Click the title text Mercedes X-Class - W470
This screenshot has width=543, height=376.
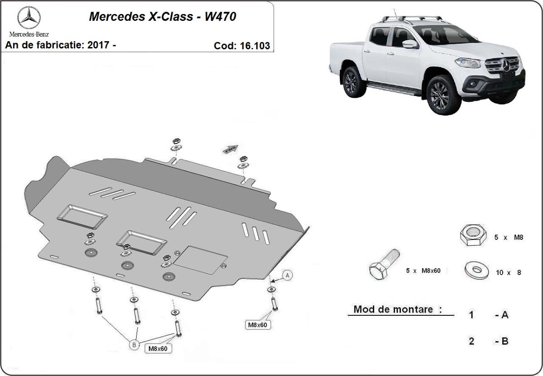point(162,17)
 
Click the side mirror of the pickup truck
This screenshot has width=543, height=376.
point(409,44)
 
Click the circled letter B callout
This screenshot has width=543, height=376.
point(134,345)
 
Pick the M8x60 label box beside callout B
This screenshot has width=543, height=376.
point(158,348)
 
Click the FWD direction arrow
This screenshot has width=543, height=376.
point(230,148)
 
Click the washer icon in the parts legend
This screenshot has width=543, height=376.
point(476,270)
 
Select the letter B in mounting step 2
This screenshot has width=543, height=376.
point(505,341)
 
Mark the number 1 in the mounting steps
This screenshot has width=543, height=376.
point(471,315)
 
